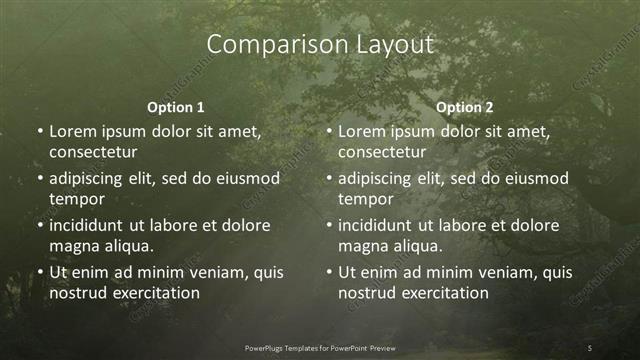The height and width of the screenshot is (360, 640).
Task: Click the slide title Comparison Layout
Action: point(320,45)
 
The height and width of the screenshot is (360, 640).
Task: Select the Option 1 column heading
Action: point(175,107)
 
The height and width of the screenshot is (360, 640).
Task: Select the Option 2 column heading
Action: point(465,107)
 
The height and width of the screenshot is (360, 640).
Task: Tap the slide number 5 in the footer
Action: point(590,347)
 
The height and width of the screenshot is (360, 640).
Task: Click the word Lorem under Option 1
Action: point(72,131)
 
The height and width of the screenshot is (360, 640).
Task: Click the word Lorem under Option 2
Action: point(361,131)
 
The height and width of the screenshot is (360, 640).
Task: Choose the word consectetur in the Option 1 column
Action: point(93,152)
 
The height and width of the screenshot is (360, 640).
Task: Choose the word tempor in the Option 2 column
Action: point(366,199)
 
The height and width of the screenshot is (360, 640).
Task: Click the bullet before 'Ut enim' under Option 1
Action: point(39,272)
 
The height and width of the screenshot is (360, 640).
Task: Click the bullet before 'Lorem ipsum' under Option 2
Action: point(328,131)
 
